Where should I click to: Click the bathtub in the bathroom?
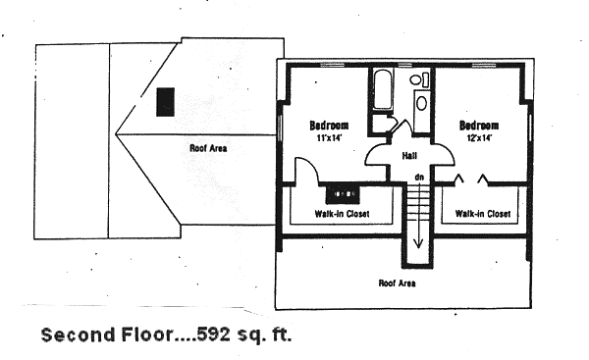[x=384, y=89]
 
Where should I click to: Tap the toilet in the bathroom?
[x=419, y=79]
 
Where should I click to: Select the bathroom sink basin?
[x=421, y=103]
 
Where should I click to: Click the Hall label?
[x=409, y=155]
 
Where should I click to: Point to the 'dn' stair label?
[x=419, y=177]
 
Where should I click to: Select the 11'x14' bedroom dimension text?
[x=329, y=137]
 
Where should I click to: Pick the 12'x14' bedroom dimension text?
[x=479, y=137]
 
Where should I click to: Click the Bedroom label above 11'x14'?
[x=329, y=126]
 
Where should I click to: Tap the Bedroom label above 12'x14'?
[x=479, y=126]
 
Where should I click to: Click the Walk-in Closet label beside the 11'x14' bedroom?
[x=342, y=214]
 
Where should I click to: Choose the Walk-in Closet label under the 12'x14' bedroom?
[x=483, y=214]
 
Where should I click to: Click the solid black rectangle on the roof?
[x=165, y=102]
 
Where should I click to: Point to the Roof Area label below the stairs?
[x=397, y=283]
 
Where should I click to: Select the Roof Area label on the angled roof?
[x=208, y=148]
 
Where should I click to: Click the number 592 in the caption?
[x=213, y=334]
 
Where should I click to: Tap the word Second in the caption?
[x=78, y=334]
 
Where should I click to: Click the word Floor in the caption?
[x=147, y=334]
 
